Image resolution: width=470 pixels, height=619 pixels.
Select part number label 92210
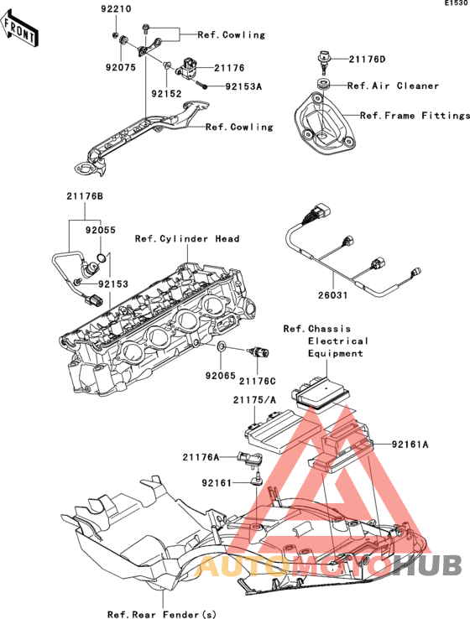pos(116,8)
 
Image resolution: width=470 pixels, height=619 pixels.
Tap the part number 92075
pos(121,67)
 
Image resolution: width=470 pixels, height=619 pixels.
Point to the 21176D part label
pos(367,60)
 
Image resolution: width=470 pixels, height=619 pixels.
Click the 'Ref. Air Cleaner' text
pos(393,86)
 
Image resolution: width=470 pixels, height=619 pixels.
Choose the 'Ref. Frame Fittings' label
pos(415,116)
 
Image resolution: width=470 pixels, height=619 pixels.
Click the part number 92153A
pos(243,86)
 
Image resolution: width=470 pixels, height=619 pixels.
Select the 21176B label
pos(85,195)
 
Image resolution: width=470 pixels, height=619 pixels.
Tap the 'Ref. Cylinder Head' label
pos(187,239)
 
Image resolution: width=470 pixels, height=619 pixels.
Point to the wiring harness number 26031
pos(333,295)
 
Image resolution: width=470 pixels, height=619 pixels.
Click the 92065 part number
pos(221,377)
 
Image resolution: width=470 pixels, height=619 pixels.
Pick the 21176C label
pos(257,382)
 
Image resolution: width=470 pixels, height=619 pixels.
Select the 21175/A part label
pos(254,400)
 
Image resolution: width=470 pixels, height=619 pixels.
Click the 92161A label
pos(410,445)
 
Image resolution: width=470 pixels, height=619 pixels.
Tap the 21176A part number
pos(201,457)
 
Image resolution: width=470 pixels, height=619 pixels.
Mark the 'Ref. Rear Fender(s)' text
pos(162,614)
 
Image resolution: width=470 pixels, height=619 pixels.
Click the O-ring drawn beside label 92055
pos(101,258)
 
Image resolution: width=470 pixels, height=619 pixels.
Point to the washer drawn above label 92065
pos(221,347)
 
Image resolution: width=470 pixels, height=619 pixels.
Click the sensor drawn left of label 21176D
pos(323,62)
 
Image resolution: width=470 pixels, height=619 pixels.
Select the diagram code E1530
pos(457,3)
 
